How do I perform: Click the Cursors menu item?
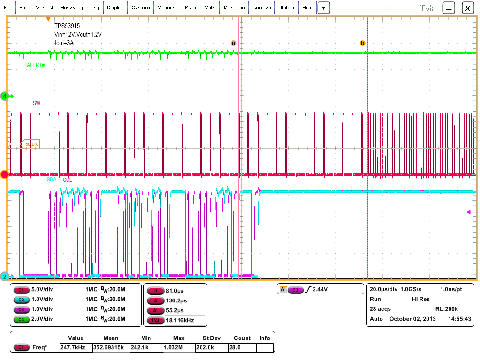point(140,7)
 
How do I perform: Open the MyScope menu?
point(233,7)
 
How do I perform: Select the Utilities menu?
point(286,7)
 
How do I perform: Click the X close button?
point(468,8)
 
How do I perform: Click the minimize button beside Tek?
point(449,8)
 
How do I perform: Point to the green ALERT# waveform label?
point(36,65)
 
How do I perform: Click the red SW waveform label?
point(37,103)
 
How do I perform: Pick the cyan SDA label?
point(52,180)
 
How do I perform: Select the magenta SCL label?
point(67,180)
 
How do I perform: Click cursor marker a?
point(233,43)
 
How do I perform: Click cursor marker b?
point(362,43)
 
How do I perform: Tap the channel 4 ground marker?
point(5,96)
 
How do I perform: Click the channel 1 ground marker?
point(5,174)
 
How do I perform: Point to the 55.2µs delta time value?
point(175,310)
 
